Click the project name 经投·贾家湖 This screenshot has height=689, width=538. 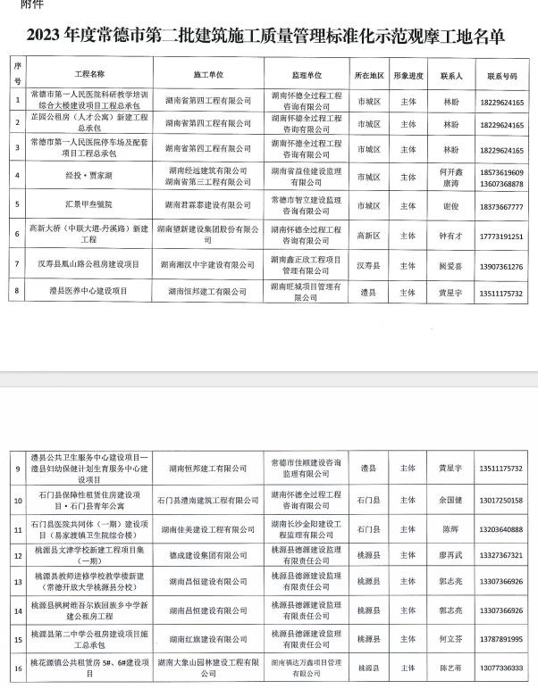click(x=90, y=178)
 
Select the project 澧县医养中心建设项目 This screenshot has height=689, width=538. click(x=90, y=291)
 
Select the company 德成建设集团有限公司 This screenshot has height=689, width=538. click(x=208, y=554)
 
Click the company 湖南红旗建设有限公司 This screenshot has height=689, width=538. click(x=208, y=640)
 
